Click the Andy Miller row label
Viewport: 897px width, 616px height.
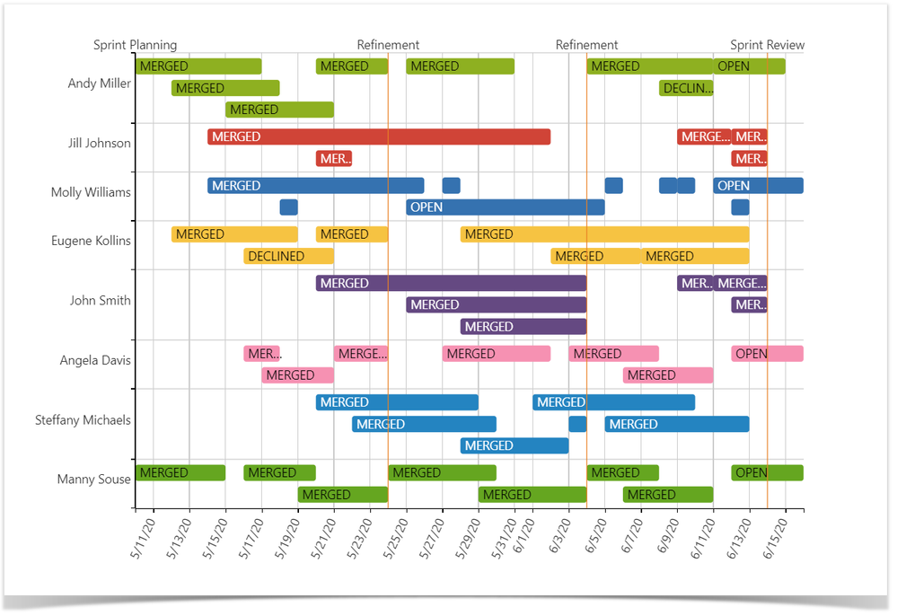99,84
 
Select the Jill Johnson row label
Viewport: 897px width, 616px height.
99,143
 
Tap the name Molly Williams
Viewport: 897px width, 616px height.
91,192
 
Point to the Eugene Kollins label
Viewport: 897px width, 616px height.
91,241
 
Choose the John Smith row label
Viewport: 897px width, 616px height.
100,300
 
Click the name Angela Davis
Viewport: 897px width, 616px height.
95,360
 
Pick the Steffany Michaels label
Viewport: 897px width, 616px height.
83,419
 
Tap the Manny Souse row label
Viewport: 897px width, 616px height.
93,479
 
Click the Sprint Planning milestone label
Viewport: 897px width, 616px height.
135,45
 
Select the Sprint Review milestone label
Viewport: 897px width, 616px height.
767,45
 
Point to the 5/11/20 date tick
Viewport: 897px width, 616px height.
144,537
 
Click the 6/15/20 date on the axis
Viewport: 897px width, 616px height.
776,537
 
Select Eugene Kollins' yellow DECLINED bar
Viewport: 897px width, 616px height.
288,256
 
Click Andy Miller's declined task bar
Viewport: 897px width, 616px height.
686,88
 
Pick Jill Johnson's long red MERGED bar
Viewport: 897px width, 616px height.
379,136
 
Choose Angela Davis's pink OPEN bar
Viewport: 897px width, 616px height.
767,354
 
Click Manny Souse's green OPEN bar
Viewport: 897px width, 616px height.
767,473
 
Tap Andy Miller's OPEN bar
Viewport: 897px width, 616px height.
749,66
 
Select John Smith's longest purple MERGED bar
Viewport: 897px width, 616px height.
451,284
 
